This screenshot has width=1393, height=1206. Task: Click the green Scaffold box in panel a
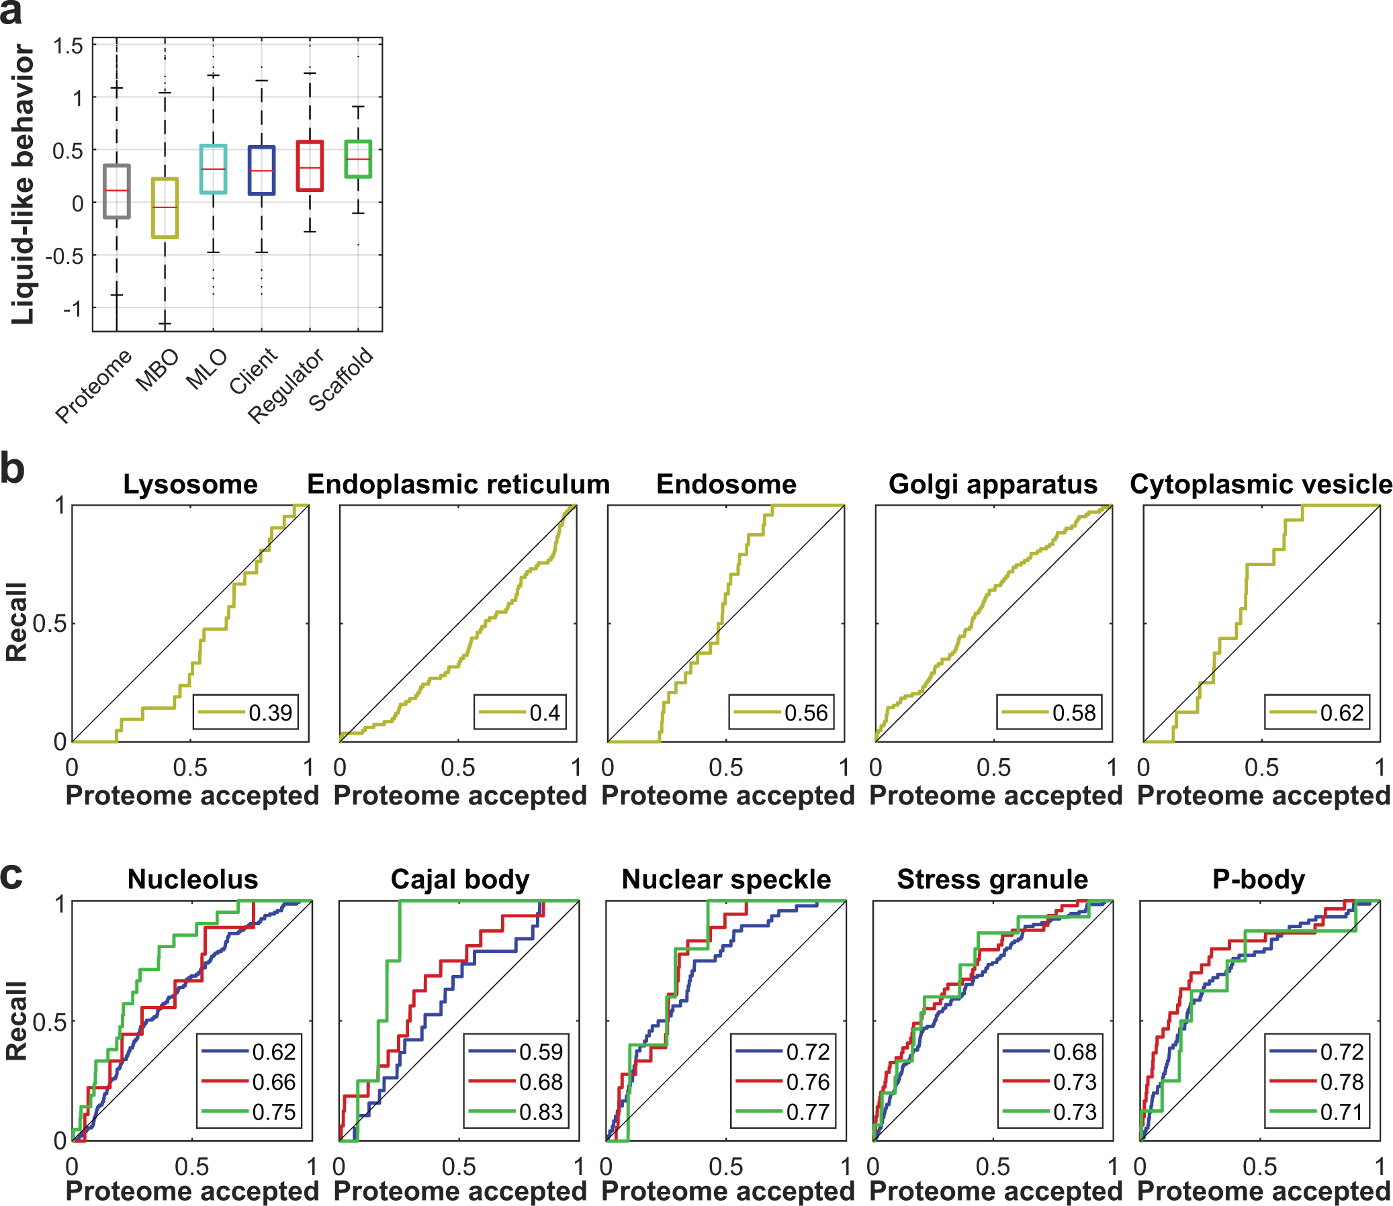(357, 159)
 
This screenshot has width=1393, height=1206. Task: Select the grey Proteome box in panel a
(116, 191)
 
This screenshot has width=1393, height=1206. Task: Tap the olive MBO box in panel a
(165, 208)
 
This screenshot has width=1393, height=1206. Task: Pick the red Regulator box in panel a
(310, 167)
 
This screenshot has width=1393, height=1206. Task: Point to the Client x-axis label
(253, 371)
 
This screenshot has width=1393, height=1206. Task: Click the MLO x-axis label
(207, 369)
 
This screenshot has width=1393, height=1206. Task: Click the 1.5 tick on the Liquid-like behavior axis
(68, 46)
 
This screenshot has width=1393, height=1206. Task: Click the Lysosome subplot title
(190, 485)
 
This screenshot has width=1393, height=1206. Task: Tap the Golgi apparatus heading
(993, 485)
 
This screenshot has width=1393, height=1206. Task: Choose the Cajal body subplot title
(460, 880)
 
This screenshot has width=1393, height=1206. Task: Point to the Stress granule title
(992, 880)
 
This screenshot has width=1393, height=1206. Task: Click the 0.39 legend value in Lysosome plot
(270, 712)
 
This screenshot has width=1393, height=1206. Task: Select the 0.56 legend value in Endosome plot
(805, 712)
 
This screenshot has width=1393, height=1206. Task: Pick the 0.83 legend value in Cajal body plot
(541, 1112)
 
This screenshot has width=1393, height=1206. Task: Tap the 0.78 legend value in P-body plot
(1341, 1082)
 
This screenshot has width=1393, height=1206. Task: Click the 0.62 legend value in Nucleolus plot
(274, 1051)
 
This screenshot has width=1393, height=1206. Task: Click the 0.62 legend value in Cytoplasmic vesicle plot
(1341, 712)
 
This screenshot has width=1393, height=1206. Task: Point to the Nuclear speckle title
(726, 880)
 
